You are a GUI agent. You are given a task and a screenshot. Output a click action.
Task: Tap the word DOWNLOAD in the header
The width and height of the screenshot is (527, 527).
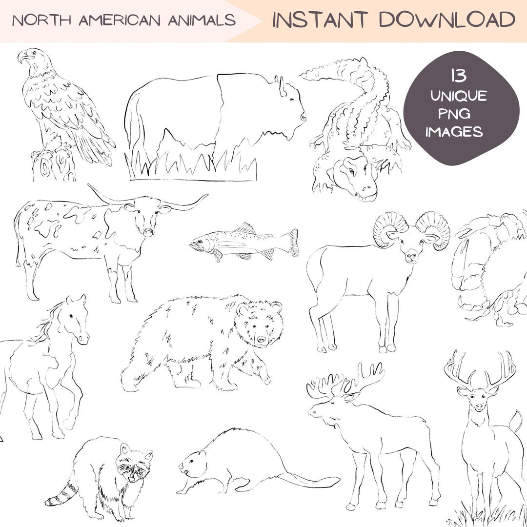(447, 20)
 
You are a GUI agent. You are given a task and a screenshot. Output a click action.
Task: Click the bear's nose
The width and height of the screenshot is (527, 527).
(262, 339)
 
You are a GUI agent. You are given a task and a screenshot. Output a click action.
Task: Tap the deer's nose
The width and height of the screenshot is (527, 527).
(479, 406)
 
